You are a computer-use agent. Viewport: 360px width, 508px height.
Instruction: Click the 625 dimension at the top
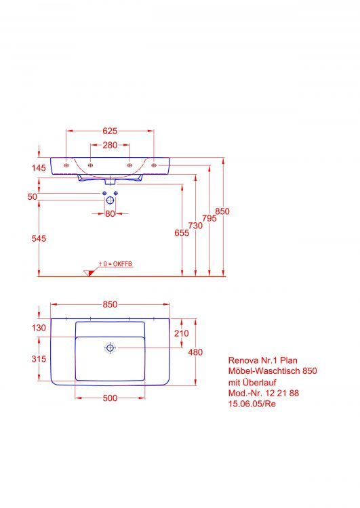[111, 131]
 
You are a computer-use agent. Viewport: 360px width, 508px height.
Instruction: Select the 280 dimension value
[111, 145]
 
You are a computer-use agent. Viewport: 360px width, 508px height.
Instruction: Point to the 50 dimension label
[32, 196]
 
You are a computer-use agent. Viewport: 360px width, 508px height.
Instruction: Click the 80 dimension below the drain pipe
[110, 214]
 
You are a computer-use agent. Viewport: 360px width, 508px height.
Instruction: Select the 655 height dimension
[181, 232]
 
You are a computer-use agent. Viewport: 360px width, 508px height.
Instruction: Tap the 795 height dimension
[209, 218]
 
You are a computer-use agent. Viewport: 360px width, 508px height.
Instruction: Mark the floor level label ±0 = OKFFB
[115, 263]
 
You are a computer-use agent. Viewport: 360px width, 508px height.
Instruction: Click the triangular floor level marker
[89, 272]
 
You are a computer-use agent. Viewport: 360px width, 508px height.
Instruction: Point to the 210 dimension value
[181, 333]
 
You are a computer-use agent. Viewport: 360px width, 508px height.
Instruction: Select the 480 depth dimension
[195, 352]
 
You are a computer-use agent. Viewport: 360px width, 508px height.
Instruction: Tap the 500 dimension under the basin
[110, 398]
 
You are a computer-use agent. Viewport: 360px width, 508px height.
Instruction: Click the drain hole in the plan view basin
[110, 348]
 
